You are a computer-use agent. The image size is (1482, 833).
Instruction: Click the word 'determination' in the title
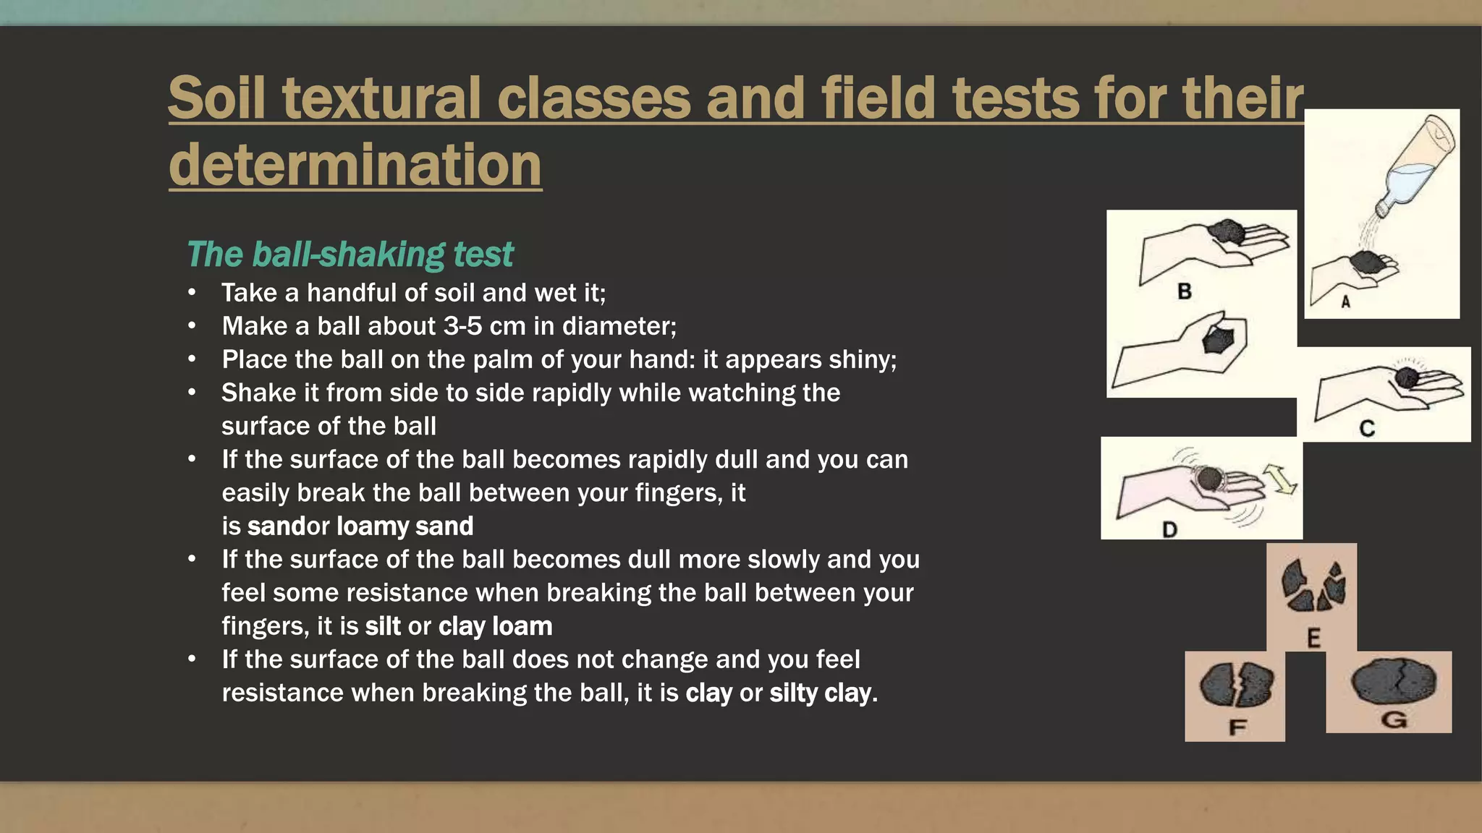point(355,165)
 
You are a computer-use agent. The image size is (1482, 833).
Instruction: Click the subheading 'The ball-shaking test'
point(350,255)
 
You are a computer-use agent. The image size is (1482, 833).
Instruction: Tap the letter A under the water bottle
point(1346,302)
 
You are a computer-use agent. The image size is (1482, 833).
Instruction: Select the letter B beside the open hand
point(1185,291)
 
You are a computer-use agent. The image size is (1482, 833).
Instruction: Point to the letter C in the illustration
point(1367,429)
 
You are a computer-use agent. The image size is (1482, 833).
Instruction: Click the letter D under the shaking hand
point(1169,529)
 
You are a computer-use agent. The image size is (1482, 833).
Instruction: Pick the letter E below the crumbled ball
point(1313,638)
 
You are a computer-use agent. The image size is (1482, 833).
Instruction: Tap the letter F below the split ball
point(1237,727)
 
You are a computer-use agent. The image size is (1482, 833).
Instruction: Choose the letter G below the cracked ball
point(1394,719)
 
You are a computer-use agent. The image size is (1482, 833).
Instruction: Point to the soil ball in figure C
point(1406,377)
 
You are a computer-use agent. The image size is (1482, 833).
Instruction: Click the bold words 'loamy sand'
point(405,526)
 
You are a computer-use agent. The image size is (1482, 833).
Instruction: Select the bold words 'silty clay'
point(820,693)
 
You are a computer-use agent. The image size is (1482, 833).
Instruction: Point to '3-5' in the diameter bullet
point(463,326)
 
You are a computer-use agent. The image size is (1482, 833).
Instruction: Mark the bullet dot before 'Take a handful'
point(192,293)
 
